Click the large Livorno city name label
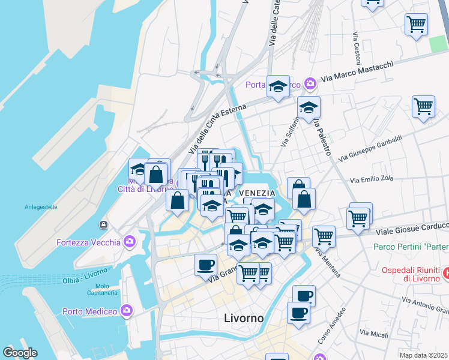[x=243, y=318]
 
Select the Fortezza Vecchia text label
[x=88, y=242]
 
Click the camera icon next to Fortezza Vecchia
[x=129, y=242]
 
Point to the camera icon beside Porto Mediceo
[x=126, y=311]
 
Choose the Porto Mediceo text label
[x=89, y=311]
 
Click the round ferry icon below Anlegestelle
[x=104, y=225]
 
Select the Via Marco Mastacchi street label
[x=357, y=72]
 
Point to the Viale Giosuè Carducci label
[x=412, y=229]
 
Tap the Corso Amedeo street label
[x=331, y=326]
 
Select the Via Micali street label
[x=373, y=332]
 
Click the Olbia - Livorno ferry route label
[x=88, y=280]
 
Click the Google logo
[x=20, y=352]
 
